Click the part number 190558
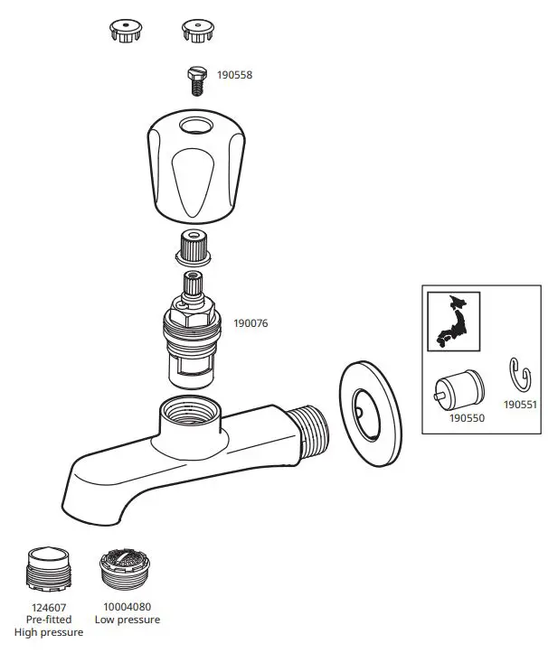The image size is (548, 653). pos(234,75)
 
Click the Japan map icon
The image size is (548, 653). pos(453,322)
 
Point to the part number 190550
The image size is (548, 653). pos(467,419)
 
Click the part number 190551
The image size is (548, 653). pos(520,406)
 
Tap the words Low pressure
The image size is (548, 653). pos(128,620)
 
